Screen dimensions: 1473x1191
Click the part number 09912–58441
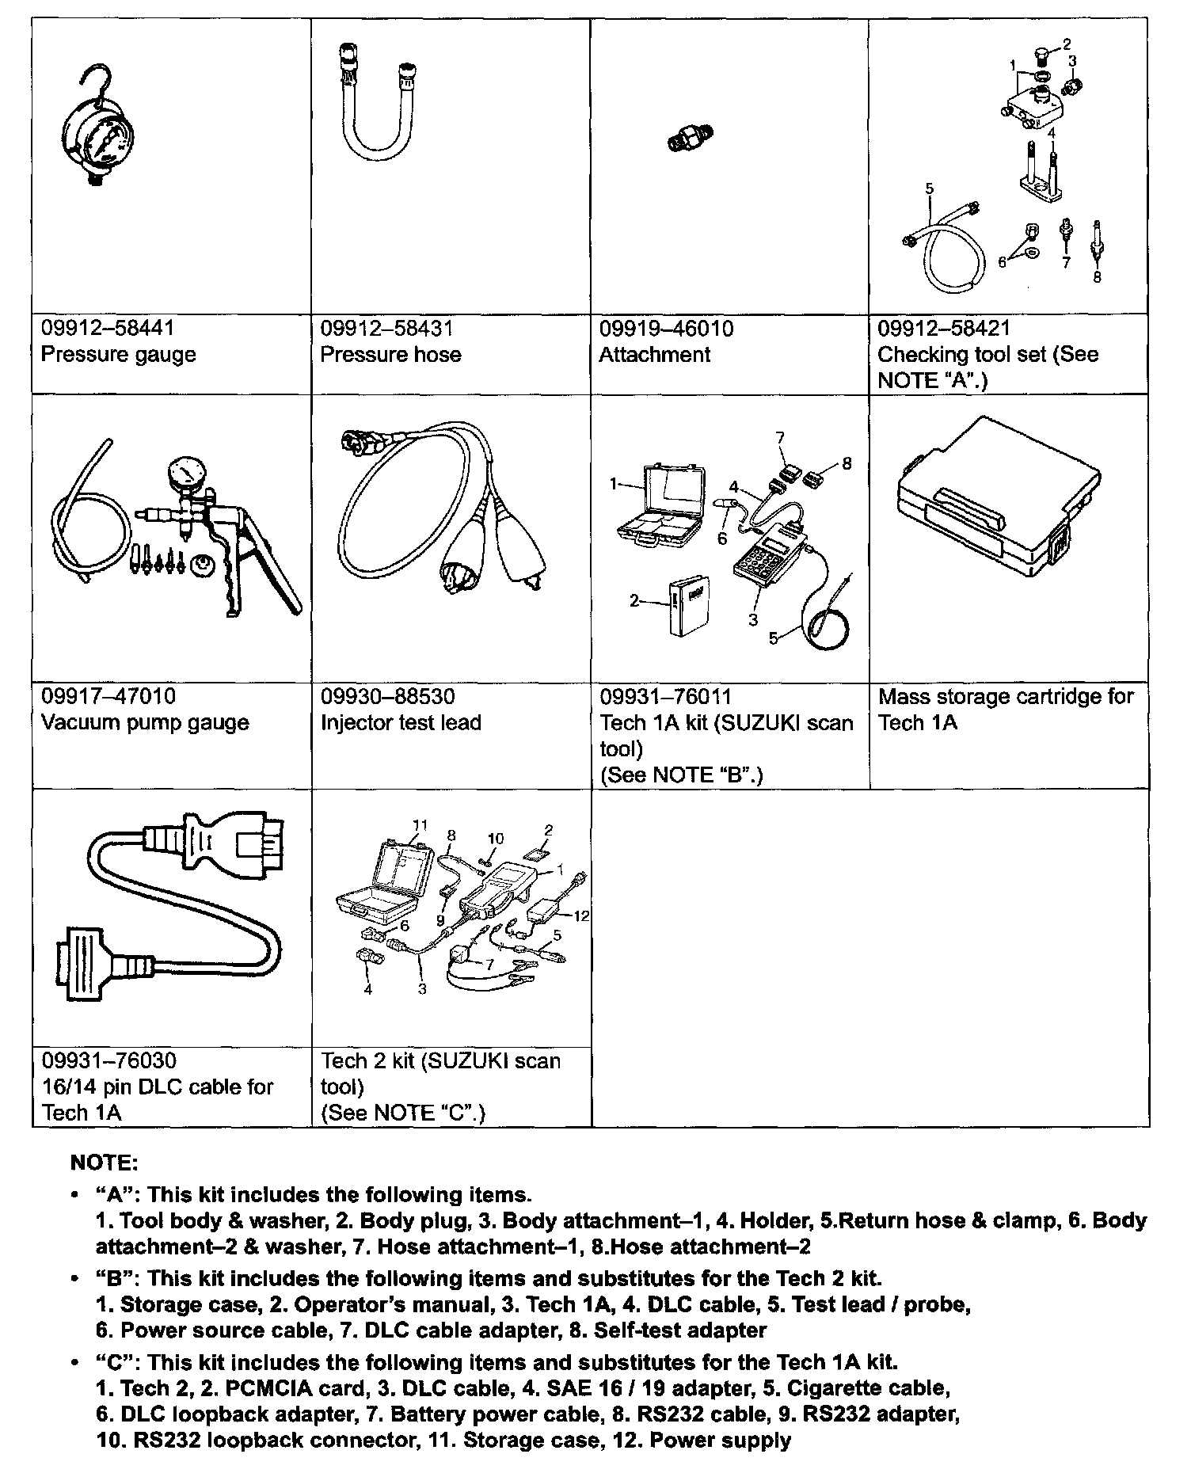coord(107,328)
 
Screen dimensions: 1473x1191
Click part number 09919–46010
coord(666,328)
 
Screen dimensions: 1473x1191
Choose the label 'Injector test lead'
coord(401,722)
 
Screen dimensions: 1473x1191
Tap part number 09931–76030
coord(108,1060)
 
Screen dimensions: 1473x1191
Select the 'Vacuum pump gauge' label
coord(145,722)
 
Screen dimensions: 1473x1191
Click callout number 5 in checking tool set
coord(930,188)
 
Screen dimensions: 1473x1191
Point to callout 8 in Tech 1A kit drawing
coord(847,463)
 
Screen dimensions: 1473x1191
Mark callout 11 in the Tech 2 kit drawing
coord(420,824)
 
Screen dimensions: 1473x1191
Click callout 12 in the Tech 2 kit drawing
coord(582,915)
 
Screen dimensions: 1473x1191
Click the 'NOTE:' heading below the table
coord(105,1163)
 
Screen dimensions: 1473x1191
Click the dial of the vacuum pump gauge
coord(186,474)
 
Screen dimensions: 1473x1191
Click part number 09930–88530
coord(387,697)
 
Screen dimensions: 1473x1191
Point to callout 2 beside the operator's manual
coord(634,600)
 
